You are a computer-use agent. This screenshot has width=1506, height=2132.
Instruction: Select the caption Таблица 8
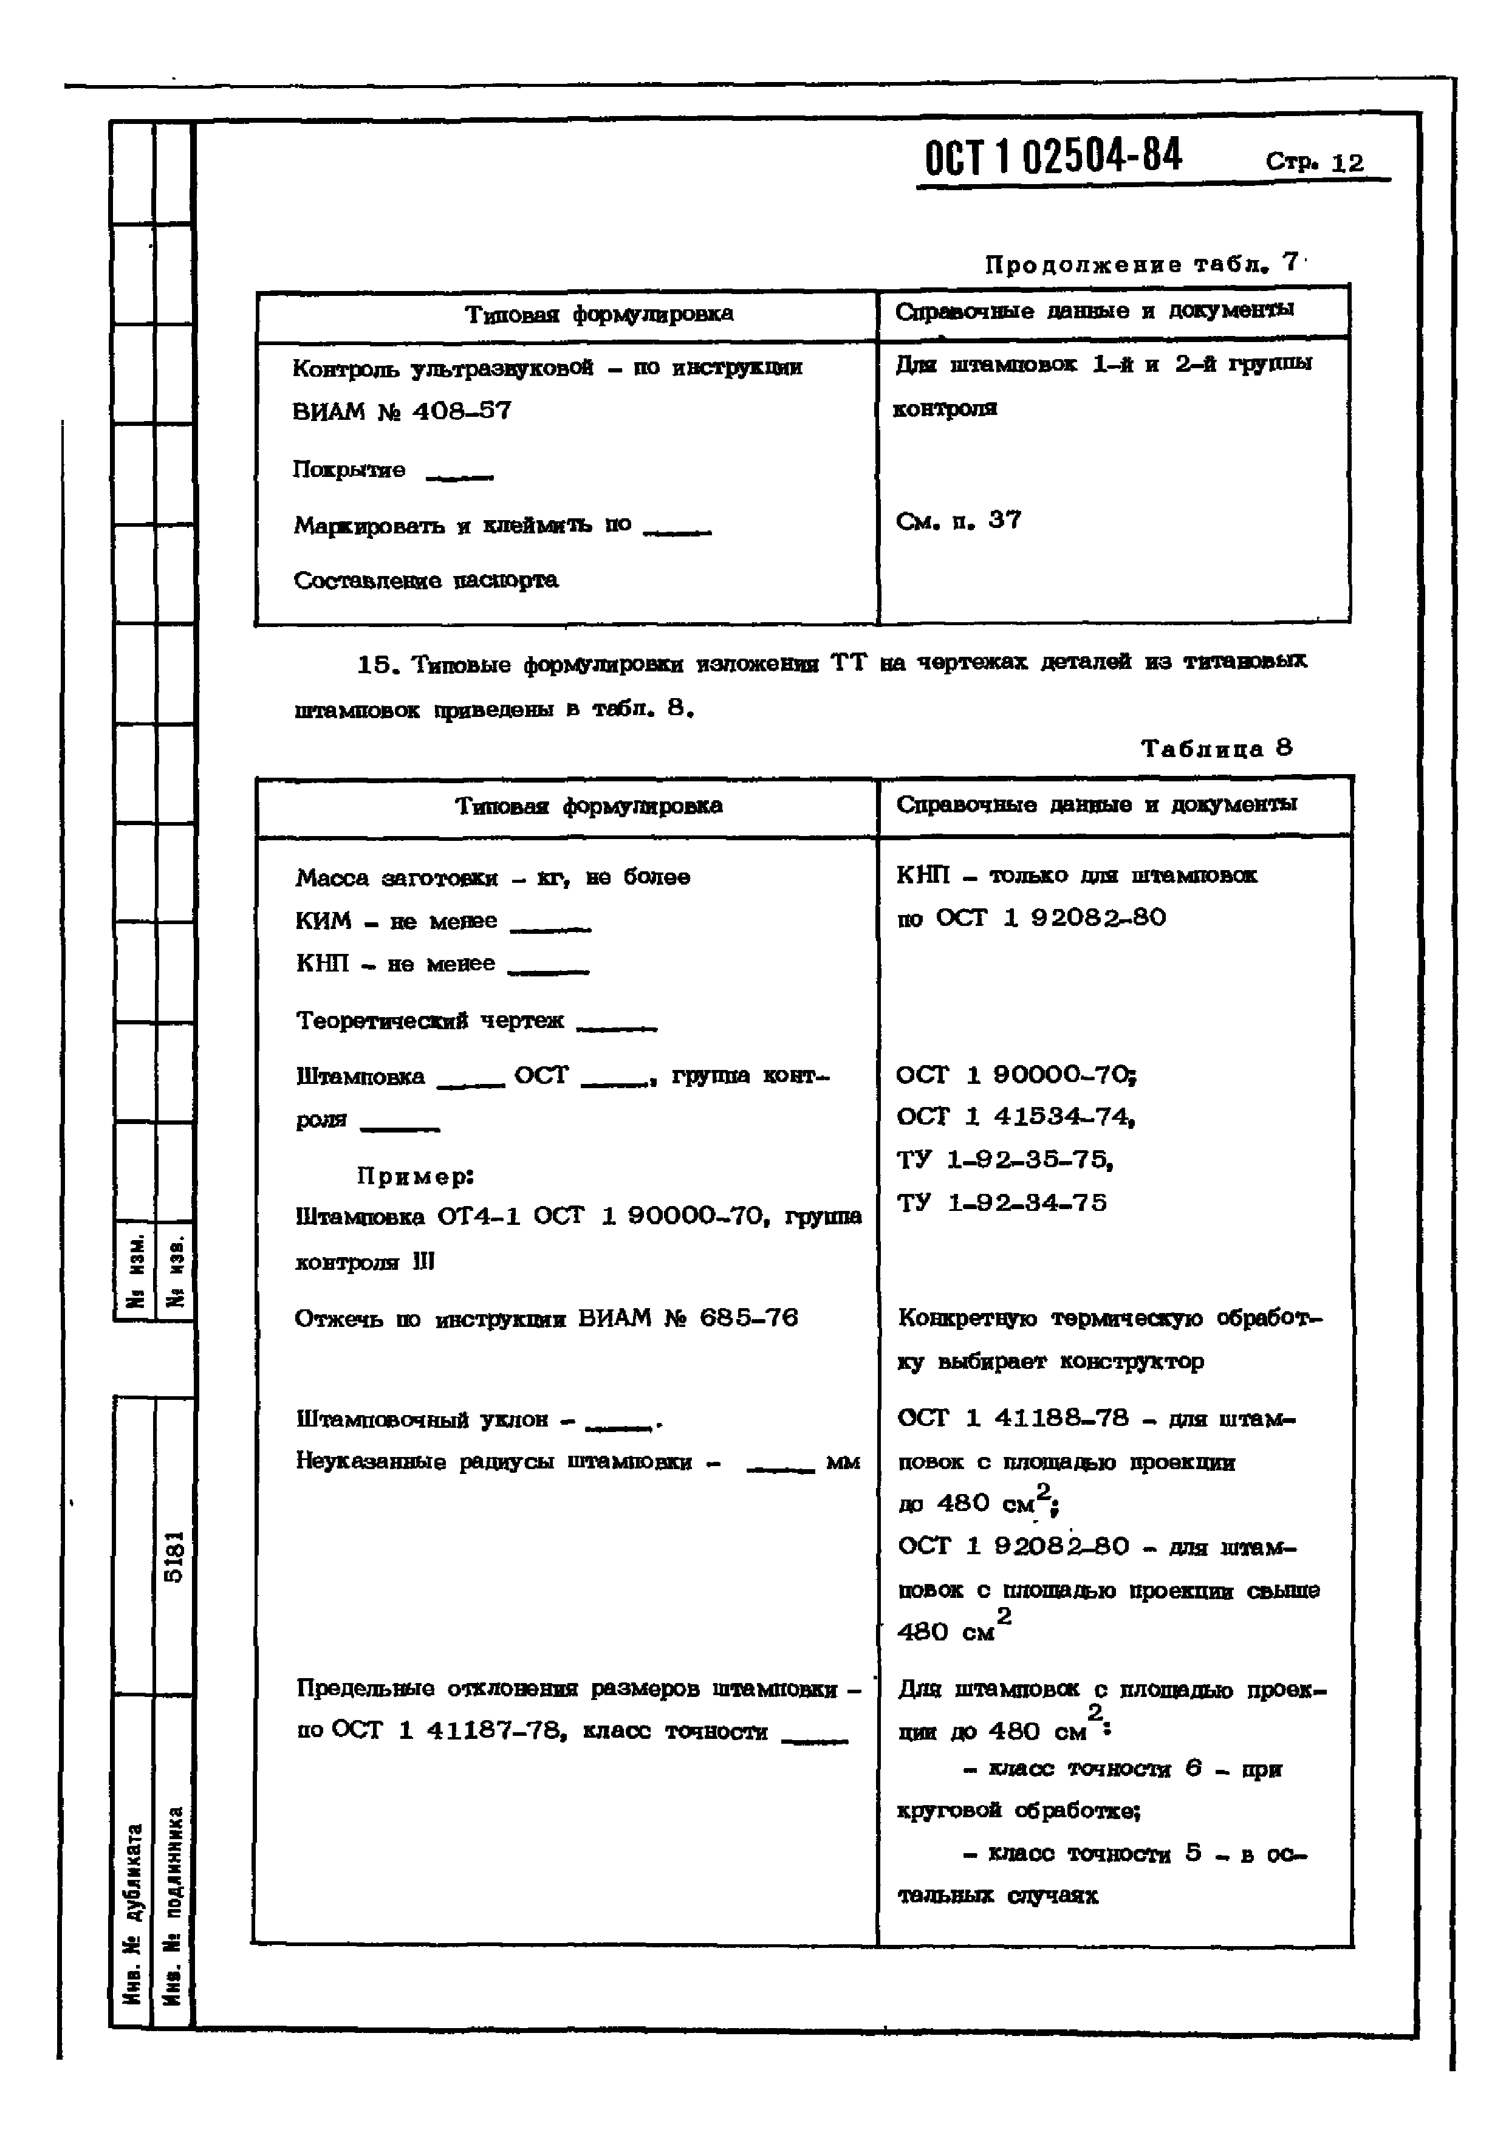pyautogui.click(x=1216, y=749)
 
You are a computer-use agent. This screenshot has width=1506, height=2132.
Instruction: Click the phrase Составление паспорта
pyautogui.click(x=426, y=580)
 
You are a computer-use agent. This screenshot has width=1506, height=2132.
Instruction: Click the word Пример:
pyautogui.click(x=415, y=1176)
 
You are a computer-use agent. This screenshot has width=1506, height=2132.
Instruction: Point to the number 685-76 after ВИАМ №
pyautogui.click(x=748, y=1318)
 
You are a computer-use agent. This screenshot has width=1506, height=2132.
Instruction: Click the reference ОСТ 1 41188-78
pyautogui.click(x=1013, y=1418)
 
